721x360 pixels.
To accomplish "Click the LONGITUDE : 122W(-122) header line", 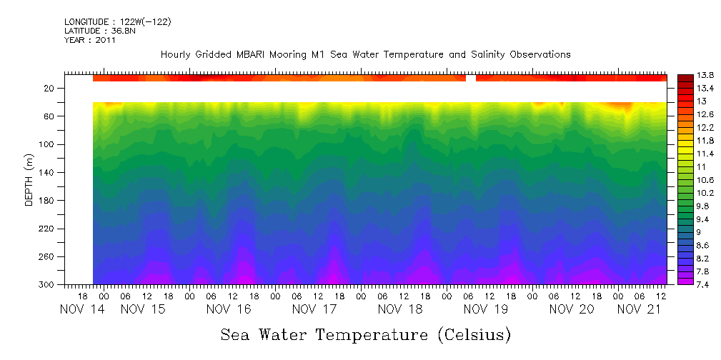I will click(117, 22).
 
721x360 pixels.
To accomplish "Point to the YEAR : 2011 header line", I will click(89, 40).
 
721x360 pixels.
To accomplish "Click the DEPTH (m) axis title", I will click(29, 181).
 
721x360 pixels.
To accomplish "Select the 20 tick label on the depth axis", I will click(49, 89).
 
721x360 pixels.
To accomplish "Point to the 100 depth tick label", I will click(47, 144).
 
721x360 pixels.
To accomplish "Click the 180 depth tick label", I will click(47, 201).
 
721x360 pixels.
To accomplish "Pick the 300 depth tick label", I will click(47, 285).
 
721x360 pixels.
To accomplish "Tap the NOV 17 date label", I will click(314, 309).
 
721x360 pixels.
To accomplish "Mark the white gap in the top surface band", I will click(471, 78).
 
